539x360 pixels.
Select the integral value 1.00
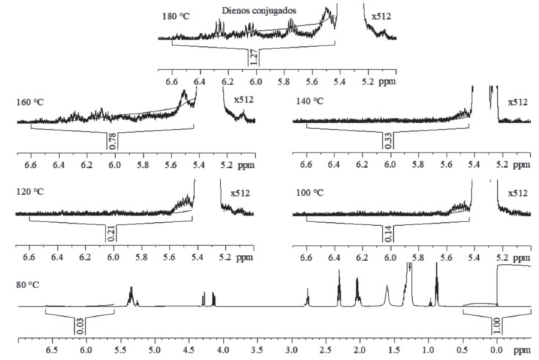coord(496,325)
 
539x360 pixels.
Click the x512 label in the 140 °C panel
coord(518,102)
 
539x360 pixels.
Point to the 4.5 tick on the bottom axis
coord(188,350)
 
